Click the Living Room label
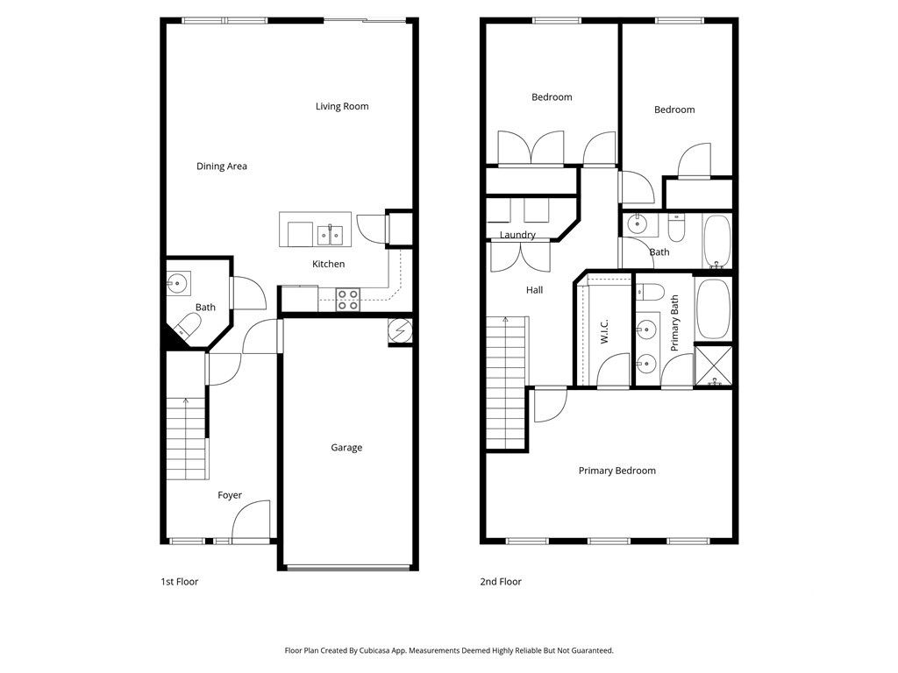[342, 107]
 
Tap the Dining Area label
[221, 166]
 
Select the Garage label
[346, 448]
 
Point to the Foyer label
[230, 496]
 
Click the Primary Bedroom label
[616, 471]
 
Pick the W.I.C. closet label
[605, 333]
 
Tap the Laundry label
[517, 235]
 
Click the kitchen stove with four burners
[348, 300]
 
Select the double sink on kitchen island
[331, 234]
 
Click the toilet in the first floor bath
[187, 328]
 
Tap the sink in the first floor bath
[178, 282]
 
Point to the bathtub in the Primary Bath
[712, 309]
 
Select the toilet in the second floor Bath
[676, 229]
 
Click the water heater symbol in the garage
[400, 331]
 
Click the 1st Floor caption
[180, 582]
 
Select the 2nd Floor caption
[501, 582]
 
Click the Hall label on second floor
[534, 290]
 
